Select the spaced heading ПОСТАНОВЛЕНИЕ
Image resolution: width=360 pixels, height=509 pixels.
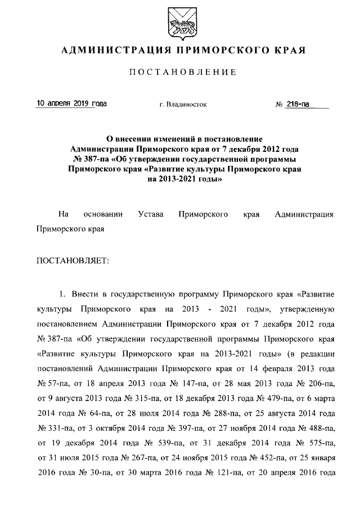(x=179, y=73)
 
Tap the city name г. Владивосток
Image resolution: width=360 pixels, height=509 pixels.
(x=183, y=105)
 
